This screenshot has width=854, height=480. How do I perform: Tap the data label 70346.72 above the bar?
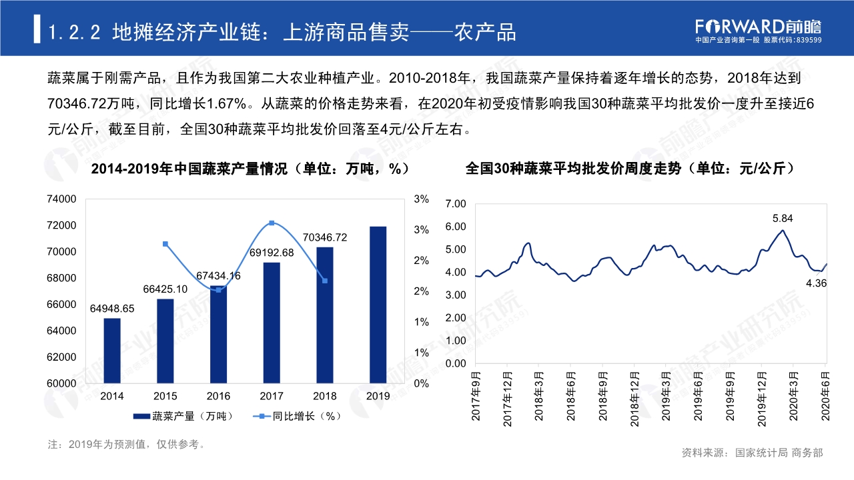click(x=325, y=237)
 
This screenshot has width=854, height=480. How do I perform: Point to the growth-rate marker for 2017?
click(x=272, y=223)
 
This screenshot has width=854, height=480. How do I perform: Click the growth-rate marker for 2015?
click(x=165, y=244)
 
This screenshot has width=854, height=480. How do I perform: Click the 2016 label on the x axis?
click(x=218, y=396)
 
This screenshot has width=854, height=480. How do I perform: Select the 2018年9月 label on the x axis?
click(x=603, y=397)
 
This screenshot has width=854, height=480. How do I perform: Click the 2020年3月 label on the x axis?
click(x=794, y=397)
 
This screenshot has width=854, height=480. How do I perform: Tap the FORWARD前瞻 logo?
click(x=758, y=27)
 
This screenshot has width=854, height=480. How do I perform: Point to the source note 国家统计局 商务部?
click(x=779, y=453)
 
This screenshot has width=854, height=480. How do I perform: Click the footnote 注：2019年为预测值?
click(x=127, y=444)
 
